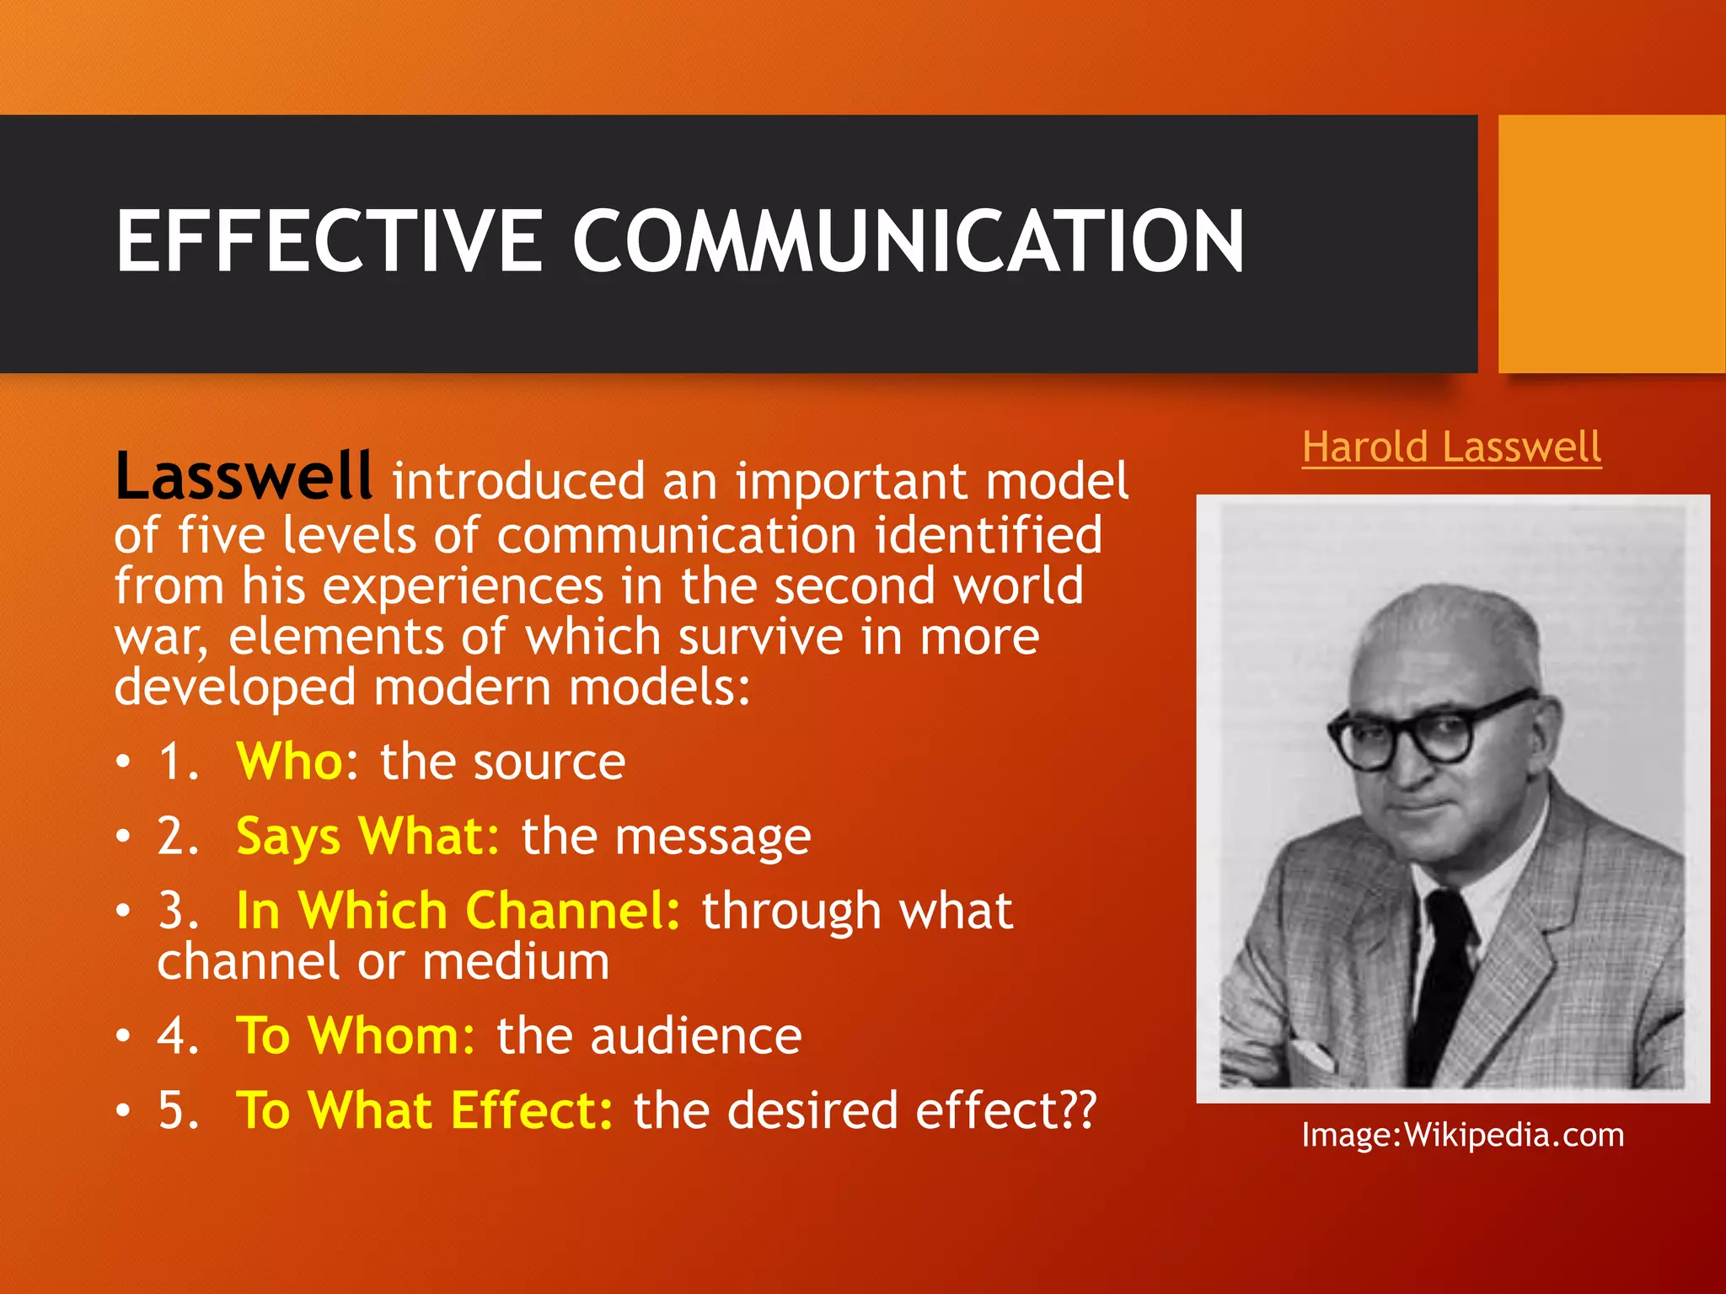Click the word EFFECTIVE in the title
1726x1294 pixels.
point(329,242)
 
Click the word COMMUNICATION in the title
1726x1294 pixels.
point(908,242)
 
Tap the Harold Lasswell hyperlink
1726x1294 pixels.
point(1451,446)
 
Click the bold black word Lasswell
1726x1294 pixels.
point(243,477)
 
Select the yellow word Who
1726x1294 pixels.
point(289,762)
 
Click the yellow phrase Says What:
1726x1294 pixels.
point(368,837)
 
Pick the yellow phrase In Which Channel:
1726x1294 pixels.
point(458,911)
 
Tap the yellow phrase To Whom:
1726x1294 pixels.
point(356,1035)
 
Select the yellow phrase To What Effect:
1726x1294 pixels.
point(425,1110)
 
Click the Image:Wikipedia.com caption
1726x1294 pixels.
point(1462,1136)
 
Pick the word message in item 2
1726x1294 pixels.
point(712,837)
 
